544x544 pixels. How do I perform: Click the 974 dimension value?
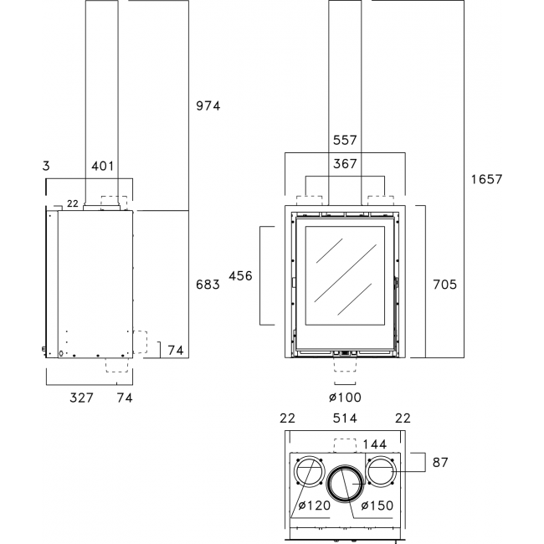tap(208, 105)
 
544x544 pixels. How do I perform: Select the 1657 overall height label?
tap(486, 179)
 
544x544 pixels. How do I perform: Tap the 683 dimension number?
tap(208, 285)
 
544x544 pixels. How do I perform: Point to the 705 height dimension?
tap(444, 285)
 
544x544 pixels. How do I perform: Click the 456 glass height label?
tap(240, 276)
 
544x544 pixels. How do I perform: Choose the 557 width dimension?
tap(345, 140)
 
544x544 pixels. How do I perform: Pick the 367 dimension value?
tap(345, 164)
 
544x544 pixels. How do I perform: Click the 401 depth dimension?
tap(103, 167)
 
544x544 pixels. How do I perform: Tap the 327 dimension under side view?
tap(81, 398)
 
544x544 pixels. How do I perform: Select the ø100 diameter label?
tap(345, 398)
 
